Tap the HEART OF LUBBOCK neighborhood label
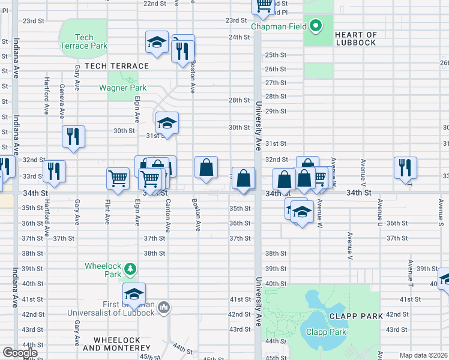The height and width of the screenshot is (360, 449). (355, 39)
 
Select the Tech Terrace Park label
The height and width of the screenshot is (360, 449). (84, 41)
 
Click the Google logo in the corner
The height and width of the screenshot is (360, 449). (20, 353)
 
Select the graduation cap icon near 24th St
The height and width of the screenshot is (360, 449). (157, 43)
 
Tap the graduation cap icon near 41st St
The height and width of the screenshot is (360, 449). (134, 294)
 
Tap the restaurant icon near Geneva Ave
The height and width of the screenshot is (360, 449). (73, 136)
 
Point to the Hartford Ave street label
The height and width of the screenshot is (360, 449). (46, 95)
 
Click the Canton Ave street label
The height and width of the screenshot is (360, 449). (167, 215)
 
